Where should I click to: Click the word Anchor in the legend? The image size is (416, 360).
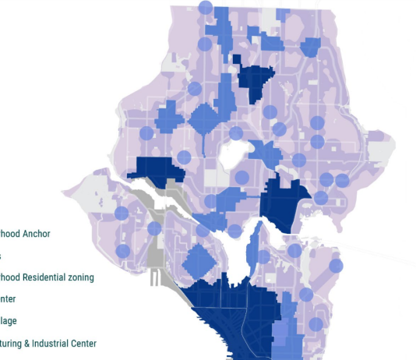coord(37,233)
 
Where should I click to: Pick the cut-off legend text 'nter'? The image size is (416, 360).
coord(7,298)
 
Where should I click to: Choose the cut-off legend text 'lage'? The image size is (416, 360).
coord(8,320)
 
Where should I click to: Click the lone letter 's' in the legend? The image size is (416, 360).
coord(1,255)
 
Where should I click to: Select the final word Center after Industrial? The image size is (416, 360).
coord(83,343)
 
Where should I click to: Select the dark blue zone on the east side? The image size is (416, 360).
coord(280,200)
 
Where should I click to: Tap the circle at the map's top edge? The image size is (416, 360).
coord(205,8)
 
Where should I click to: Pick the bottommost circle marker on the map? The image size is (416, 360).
coord(316,324)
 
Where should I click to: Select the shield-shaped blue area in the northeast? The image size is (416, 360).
coord(310,48)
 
